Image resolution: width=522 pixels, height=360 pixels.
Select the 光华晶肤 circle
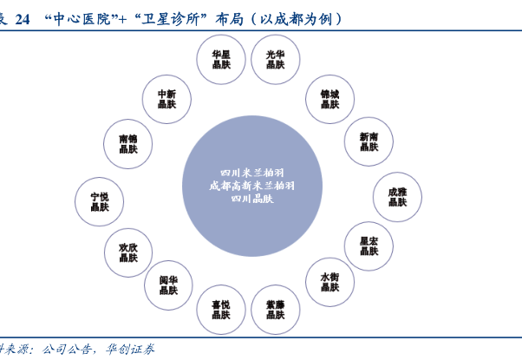(x=275, y=59)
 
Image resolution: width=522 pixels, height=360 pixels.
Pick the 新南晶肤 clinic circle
(x=368, y=141)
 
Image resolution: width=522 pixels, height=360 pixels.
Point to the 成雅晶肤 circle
(x=397, y=196)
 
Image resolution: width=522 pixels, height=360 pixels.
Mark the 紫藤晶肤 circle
(x=275, y=310)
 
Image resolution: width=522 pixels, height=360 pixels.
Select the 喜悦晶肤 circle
(x=221, y=310)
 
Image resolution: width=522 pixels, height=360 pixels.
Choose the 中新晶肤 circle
(x=167, y=99)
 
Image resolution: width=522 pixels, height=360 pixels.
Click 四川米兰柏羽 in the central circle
(x=252, y=172)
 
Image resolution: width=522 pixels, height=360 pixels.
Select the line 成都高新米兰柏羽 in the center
(x=252, y=186)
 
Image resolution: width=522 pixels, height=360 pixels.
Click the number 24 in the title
(x=23, y=17)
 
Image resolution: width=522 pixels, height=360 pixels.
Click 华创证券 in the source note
(x=132, y=350)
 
